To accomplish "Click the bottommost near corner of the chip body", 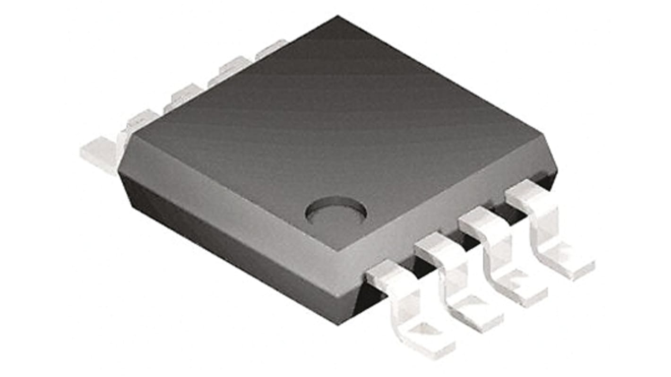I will [x=339, y=322].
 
